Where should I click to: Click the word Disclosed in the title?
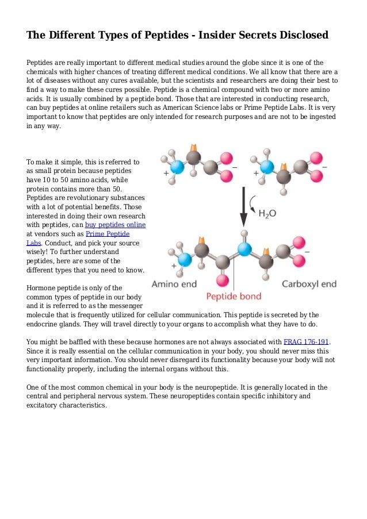[x=300, y=35]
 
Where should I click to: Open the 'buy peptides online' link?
[x=115, y=225]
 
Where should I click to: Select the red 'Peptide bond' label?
[x=234, y=297]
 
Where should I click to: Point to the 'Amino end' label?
[x=173, y=284]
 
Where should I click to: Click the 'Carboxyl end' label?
[x=309, y=284]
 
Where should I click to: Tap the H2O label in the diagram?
[x=266, y=213]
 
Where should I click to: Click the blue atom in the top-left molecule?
[x=178, y=167]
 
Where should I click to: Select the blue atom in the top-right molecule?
[x=266, y=167]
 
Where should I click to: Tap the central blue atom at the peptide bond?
[x=244, y=249]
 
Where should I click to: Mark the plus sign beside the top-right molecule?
[x=255, y=173]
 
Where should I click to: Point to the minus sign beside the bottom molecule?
[x=307, y=251]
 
